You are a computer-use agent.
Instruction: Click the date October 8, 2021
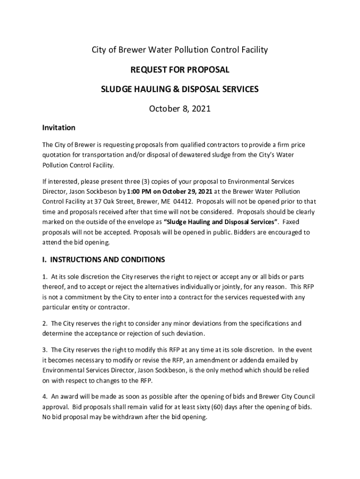pos(180,109)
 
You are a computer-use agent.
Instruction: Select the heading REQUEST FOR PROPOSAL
pos(180,70)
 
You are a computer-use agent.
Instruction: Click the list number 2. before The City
pos(45,324)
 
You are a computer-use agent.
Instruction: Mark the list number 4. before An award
pos(45,396)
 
